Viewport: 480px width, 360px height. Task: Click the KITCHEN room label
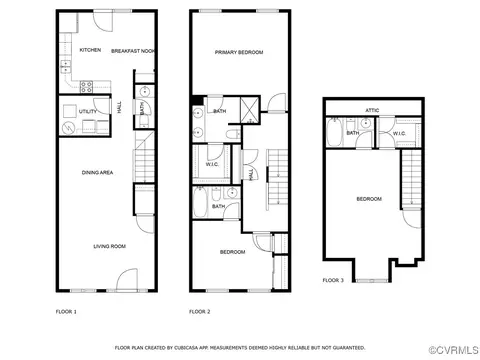coord(90,50)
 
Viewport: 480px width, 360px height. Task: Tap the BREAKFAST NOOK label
coord(133,51)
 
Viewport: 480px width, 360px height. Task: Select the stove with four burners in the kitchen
coord(86,87)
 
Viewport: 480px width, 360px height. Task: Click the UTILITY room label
coord(88,111)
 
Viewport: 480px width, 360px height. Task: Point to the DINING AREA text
coord(97,172)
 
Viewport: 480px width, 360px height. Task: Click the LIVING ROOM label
coord(110,246)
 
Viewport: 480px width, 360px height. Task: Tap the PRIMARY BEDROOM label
coord(239,52)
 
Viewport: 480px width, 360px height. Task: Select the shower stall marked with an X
coord(249,110)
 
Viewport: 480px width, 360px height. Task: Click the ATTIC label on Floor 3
coord(372,110)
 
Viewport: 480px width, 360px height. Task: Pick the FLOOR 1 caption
coord(66,312)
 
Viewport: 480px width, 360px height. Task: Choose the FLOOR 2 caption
coord(200,312)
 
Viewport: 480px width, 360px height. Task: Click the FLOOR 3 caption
coord(333,280)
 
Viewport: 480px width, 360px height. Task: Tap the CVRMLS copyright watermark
coord(454,350)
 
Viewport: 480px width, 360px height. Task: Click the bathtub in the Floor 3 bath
coord(333,132)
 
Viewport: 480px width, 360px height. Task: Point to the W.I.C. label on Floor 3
coord(399,134)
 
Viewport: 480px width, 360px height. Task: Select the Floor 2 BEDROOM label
coord(233,252)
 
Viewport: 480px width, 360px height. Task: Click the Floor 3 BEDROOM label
coord(369,199)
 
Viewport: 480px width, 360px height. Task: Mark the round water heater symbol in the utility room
coord(69,128)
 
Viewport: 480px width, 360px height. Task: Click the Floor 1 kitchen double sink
coord(65,66)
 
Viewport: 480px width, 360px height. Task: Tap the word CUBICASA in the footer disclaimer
coord(183,348)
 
